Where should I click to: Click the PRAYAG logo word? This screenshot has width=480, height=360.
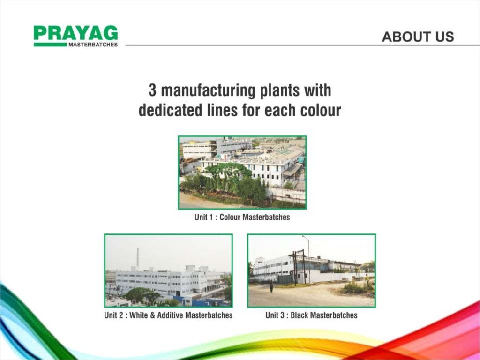pyautogui.click(x=75, y=33)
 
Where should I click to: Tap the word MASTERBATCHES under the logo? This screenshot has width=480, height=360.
pyautogui.click(x=93, y=45)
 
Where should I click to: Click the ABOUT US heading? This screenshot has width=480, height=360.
pyautogui.click(x=418, y=37)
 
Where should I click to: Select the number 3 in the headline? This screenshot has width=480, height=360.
pyautogui.click(x=152, y=90)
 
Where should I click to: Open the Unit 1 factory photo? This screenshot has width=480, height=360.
pyautogui.click(x=242, y=172)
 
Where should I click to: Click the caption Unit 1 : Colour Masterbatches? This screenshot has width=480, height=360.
pyautogui.click(x=242, y=217)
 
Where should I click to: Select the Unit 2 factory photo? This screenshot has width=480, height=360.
pyautogui.click(x=168, y=270)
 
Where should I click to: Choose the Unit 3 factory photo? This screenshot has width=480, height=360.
pyautogui.click(x=311, y=270)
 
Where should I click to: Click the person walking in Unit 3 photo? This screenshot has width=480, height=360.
pyautogui.click(x=271, y=286)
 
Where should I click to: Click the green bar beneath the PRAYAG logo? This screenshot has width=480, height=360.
pyautogui.click(x=50, y=45)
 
